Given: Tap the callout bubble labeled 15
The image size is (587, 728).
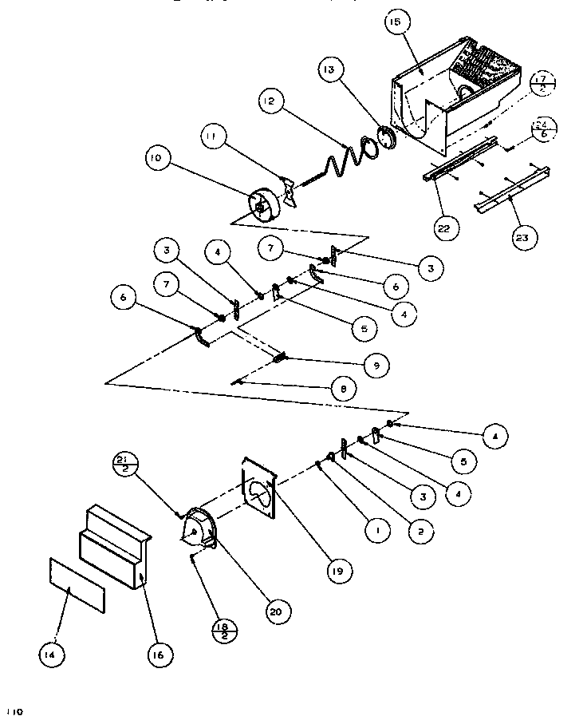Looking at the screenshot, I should click(394, 24).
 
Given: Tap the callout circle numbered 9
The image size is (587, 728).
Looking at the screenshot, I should click(375, 366).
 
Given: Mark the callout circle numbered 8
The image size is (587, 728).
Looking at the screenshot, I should click(342, 390).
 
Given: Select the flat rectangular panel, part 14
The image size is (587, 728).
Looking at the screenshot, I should click(77, 585).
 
